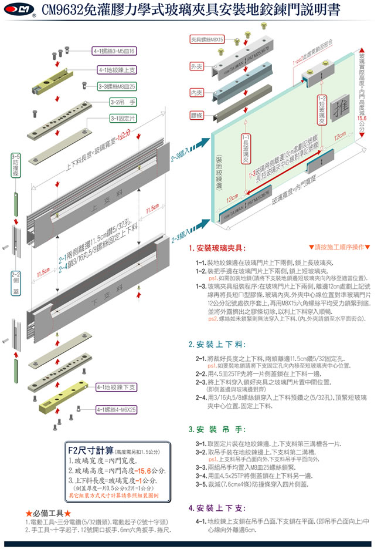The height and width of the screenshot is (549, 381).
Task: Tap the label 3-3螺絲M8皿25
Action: pos(117,86)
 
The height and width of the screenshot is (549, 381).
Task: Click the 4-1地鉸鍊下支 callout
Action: pos(117,388)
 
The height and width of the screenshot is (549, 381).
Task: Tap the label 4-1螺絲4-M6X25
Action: pos(117,409)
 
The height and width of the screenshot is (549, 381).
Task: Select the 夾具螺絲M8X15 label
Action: pos(207,39)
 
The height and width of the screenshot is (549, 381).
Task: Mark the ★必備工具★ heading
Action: pos(47,512)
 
